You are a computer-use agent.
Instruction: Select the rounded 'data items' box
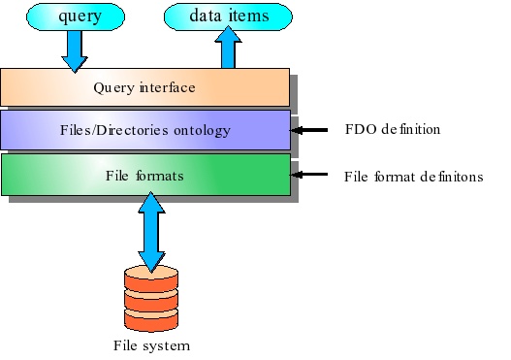point(229,16)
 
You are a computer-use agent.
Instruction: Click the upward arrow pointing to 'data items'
point(230,49)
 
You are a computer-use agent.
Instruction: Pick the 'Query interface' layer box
point(144,87)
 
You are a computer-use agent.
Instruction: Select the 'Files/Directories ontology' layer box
point(144,129)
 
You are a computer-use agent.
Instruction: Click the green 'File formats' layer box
point(144,175)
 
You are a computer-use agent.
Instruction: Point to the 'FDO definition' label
point(392,130)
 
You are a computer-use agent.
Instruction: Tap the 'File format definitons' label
point(414,176)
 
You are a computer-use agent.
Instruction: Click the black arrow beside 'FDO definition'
point(309,130)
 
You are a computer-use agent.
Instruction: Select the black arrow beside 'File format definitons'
point(309,175)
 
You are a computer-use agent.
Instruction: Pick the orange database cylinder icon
point(150,297)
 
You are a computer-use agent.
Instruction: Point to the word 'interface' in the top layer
point(168,87)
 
